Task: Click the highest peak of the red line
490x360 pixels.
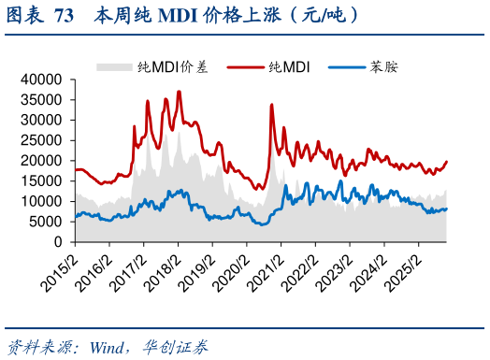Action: click(179, 92)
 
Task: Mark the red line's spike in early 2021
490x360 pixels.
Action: click(271, 105)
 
